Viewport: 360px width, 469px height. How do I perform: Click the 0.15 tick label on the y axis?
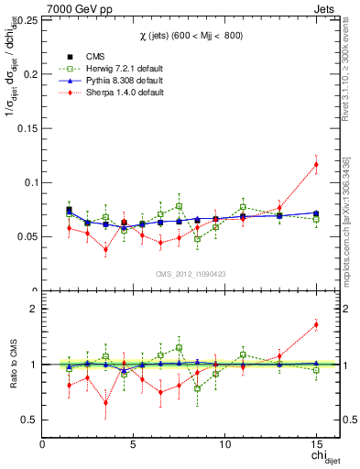pyautogui.click(x=27, y=127)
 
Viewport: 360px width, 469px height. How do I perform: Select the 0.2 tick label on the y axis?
pyautogui.click(x=30, y=74)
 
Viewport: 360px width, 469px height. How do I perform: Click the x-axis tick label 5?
pyautogui.click(x=134, y=444)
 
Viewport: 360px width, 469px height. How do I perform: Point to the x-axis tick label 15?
pyautogui.click(x=316, y=444)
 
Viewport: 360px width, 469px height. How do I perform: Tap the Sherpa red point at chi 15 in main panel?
pyautogui.click(x=316, y=165)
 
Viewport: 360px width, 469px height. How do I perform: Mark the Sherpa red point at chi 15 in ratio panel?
pyautogui.click(x=316, y=324)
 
